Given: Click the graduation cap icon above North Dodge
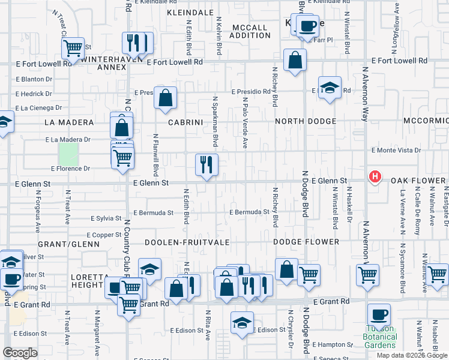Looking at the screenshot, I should (330, 87).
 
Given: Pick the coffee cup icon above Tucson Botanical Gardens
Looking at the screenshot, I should (379, 314).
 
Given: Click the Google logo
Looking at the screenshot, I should (20, 353).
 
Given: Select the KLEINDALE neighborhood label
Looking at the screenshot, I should (190, 12).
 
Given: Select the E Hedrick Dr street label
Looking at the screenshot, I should (34, 94).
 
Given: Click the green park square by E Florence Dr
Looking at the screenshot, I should (68, 156).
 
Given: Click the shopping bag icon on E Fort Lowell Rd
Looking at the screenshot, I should (295, 60).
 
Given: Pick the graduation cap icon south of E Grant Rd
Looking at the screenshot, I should (243, 323).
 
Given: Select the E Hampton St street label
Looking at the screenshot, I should (334, 344).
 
